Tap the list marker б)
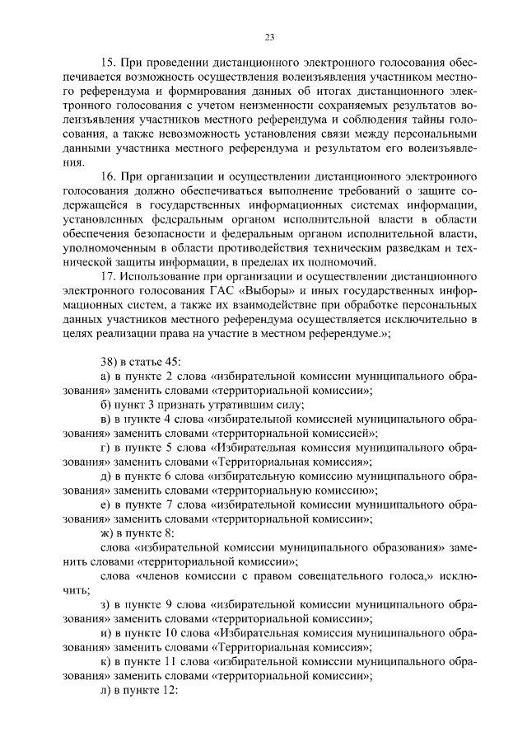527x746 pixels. pyautogui.click(x=104, y=404)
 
